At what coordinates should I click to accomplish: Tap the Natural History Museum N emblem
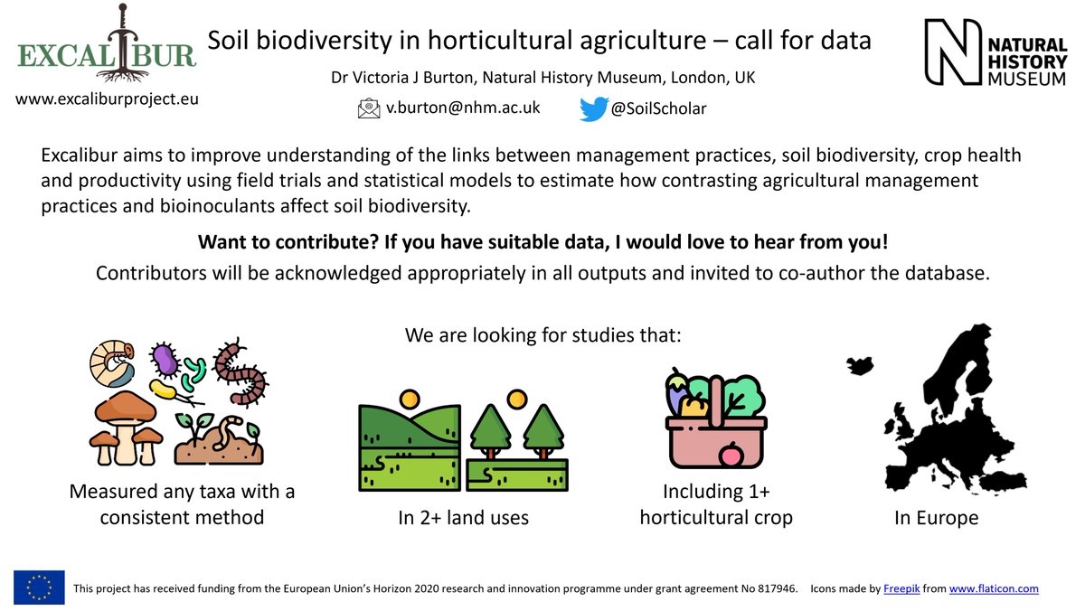click(x=955, y=53)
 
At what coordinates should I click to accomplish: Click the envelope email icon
click(x=369, y=108)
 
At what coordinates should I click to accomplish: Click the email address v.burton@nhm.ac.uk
click(x=463, y=108)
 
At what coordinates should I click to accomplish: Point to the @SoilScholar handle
click(x=659, y=108)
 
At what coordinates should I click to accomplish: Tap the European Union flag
click(x=39, y=587)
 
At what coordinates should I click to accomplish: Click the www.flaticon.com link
click(x=994, y=588)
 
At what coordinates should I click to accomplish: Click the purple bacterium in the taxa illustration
click(x=165, y=361)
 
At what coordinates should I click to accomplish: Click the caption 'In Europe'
click(x=936, y=519)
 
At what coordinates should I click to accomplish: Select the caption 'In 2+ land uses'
click(x=463, y=519)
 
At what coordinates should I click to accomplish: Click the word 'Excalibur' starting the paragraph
click(x=81, y=155)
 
